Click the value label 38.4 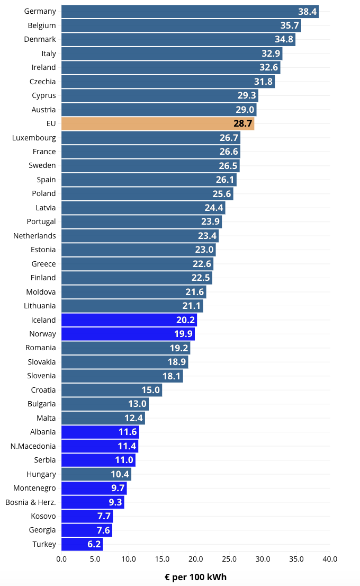(x=307, y=12)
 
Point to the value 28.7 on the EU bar (x=243, y=124)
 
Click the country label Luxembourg (x=34, y=138)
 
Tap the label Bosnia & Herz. (x=31, y=502)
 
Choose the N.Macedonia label (x=33, y=446)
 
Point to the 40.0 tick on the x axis (x=330, y=559)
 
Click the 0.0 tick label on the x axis (x=61, y=559)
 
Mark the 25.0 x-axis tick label (x=229, y=559)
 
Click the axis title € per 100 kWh (x=195, y=577)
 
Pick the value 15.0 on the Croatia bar (x=150, y=390)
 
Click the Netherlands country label (x=34, y=236)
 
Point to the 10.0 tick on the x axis (x=129, y=559)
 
